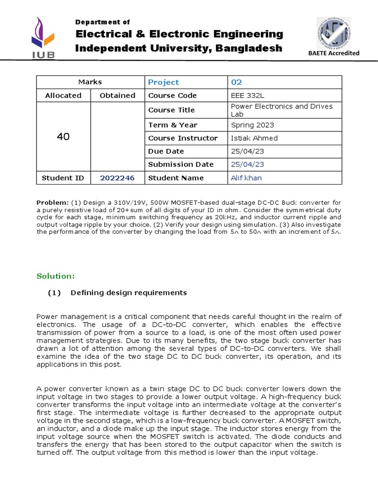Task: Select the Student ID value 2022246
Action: tap(117, 178)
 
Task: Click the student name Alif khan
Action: tap(246, 178)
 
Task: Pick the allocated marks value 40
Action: tap(63, 137)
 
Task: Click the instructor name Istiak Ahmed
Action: tap(254, 138)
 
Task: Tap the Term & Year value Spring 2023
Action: tap(252, 125)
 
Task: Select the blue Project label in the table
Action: tap(163, 82)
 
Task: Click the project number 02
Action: tap(237, 82)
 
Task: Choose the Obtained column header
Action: tap(118, 95)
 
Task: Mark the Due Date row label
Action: tap(166, 151)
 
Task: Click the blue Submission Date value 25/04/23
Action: tap(248, 164)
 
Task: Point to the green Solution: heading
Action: tap(56, 276)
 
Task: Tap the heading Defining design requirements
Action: tap(128, 293)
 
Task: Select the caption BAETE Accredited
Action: tap(334, 53)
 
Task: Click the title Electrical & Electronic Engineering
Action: tap(179, 34)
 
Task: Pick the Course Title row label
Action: tap(171, 110)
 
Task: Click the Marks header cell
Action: tap(90, 82)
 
